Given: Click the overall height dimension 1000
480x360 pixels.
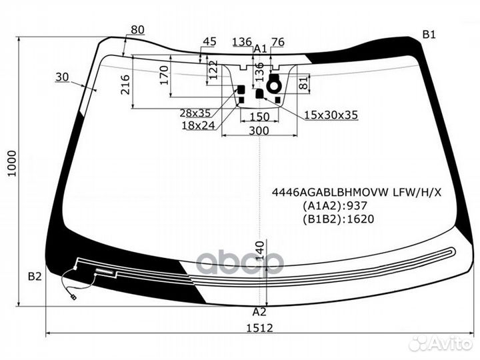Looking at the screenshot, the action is click(x=11, y=163).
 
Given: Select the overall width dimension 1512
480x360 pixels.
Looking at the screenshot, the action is click(x=259, y=328).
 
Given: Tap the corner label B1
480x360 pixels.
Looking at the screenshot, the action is click(x=429, y=35).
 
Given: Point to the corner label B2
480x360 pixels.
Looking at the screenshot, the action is click(x=35, y=277).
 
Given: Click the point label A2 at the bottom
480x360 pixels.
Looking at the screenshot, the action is click(x=259, y=311).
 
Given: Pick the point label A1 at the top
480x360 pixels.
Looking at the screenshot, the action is click(x=261, y=49).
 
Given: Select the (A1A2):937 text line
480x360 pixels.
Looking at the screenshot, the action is click(x=335, y=205).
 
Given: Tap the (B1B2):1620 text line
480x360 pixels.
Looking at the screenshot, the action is click(x=339, y=219).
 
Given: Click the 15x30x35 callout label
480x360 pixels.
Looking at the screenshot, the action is click(x=331, y=115).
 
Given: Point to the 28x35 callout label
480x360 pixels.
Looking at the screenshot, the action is click(x=195, y=113).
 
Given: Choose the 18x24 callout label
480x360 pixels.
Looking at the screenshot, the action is click(x=198, y=125).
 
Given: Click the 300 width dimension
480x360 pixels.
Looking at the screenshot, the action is click(x=259, y=131).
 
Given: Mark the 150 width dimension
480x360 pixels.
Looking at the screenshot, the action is click(x=259, y=117).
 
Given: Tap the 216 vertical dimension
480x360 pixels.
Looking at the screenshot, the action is click(x=125, y=85).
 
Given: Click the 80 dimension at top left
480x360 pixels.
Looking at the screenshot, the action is click(x=137, y=30).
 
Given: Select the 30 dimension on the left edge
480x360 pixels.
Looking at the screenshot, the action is click(x=62, y=77).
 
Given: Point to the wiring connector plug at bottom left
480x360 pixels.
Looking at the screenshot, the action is click(x=73, y=297).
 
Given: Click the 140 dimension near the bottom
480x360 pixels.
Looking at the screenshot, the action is click(x=259, y=251).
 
